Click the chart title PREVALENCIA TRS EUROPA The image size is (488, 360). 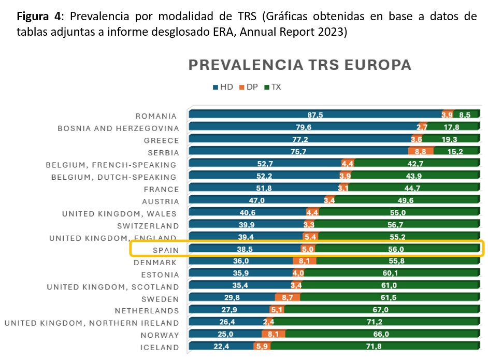(x=300, y=65)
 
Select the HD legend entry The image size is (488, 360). (x=223, y=87)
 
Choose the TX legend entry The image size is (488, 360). (x=272, y=87)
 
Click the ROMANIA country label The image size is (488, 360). (x=156, y=116)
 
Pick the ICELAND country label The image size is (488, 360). (x=160, y=348)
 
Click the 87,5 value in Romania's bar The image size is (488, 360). (x=314, y=115)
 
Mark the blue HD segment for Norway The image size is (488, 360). (x=226, y=335)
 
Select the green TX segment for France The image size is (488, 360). (x=412, y=188)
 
